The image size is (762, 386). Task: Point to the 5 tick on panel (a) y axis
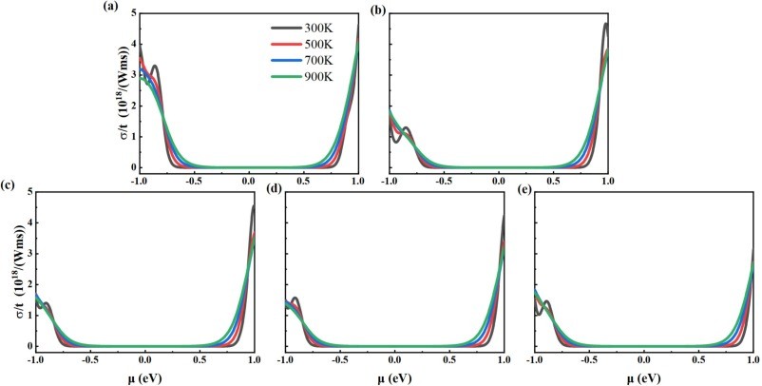point(129,12)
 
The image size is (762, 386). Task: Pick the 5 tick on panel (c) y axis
point(26,192)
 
